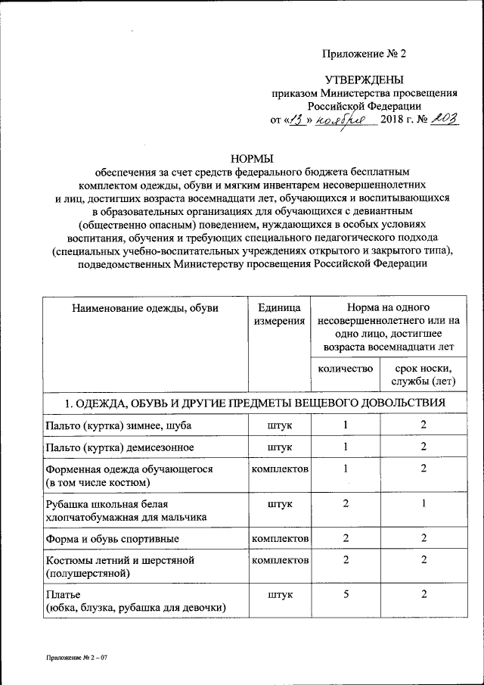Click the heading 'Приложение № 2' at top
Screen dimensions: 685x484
point(365,54)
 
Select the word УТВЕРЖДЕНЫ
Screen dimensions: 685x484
point(364,79)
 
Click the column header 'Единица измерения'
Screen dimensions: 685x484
point(279,315)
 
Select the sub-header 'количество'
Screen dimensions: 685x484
point(346,369)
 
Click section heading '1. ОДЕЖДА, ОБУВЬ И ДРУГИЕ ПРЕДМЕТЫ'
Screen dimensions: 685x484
point(243,402)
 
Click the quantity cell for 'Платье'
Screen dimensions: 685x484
point(346,594)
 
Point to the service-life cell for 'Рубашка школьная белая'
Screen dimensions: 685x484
point(423,503)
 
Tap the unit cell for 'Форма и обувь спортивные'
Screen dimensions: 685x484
point(279,538)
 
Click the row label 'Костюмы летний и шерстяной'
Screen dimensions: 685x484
point(120,560)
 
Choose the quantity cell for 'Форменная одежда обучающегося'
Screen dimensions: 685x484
point(346,469)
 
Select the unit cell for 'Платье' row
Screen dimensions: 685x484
point(279,594)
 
